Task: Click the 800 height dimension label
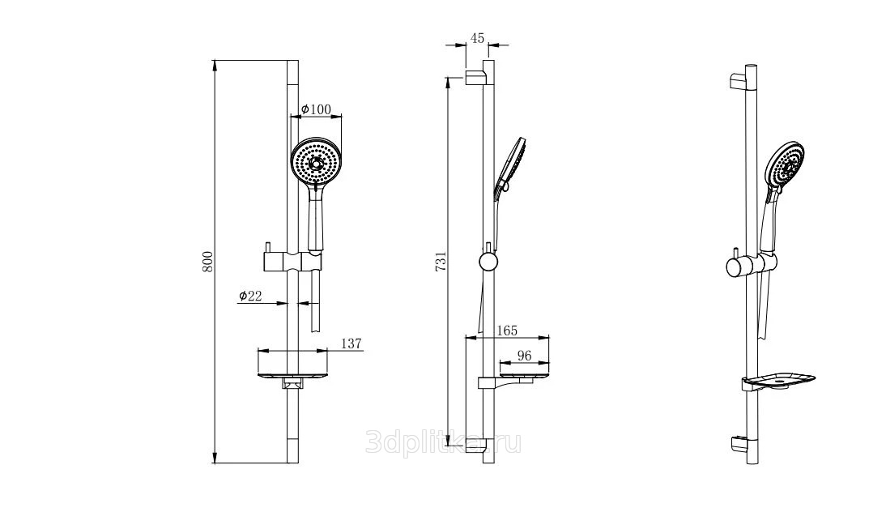[207, 262]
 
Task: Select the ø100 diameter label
[316, 109]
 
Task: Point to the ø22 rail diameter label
[250, 296]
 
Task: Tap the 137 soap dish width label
[351, 343]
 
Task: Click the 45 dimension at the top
[478, 38]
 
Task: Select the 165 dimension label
[506, 331]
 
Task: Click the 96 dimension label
[524, 356]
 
